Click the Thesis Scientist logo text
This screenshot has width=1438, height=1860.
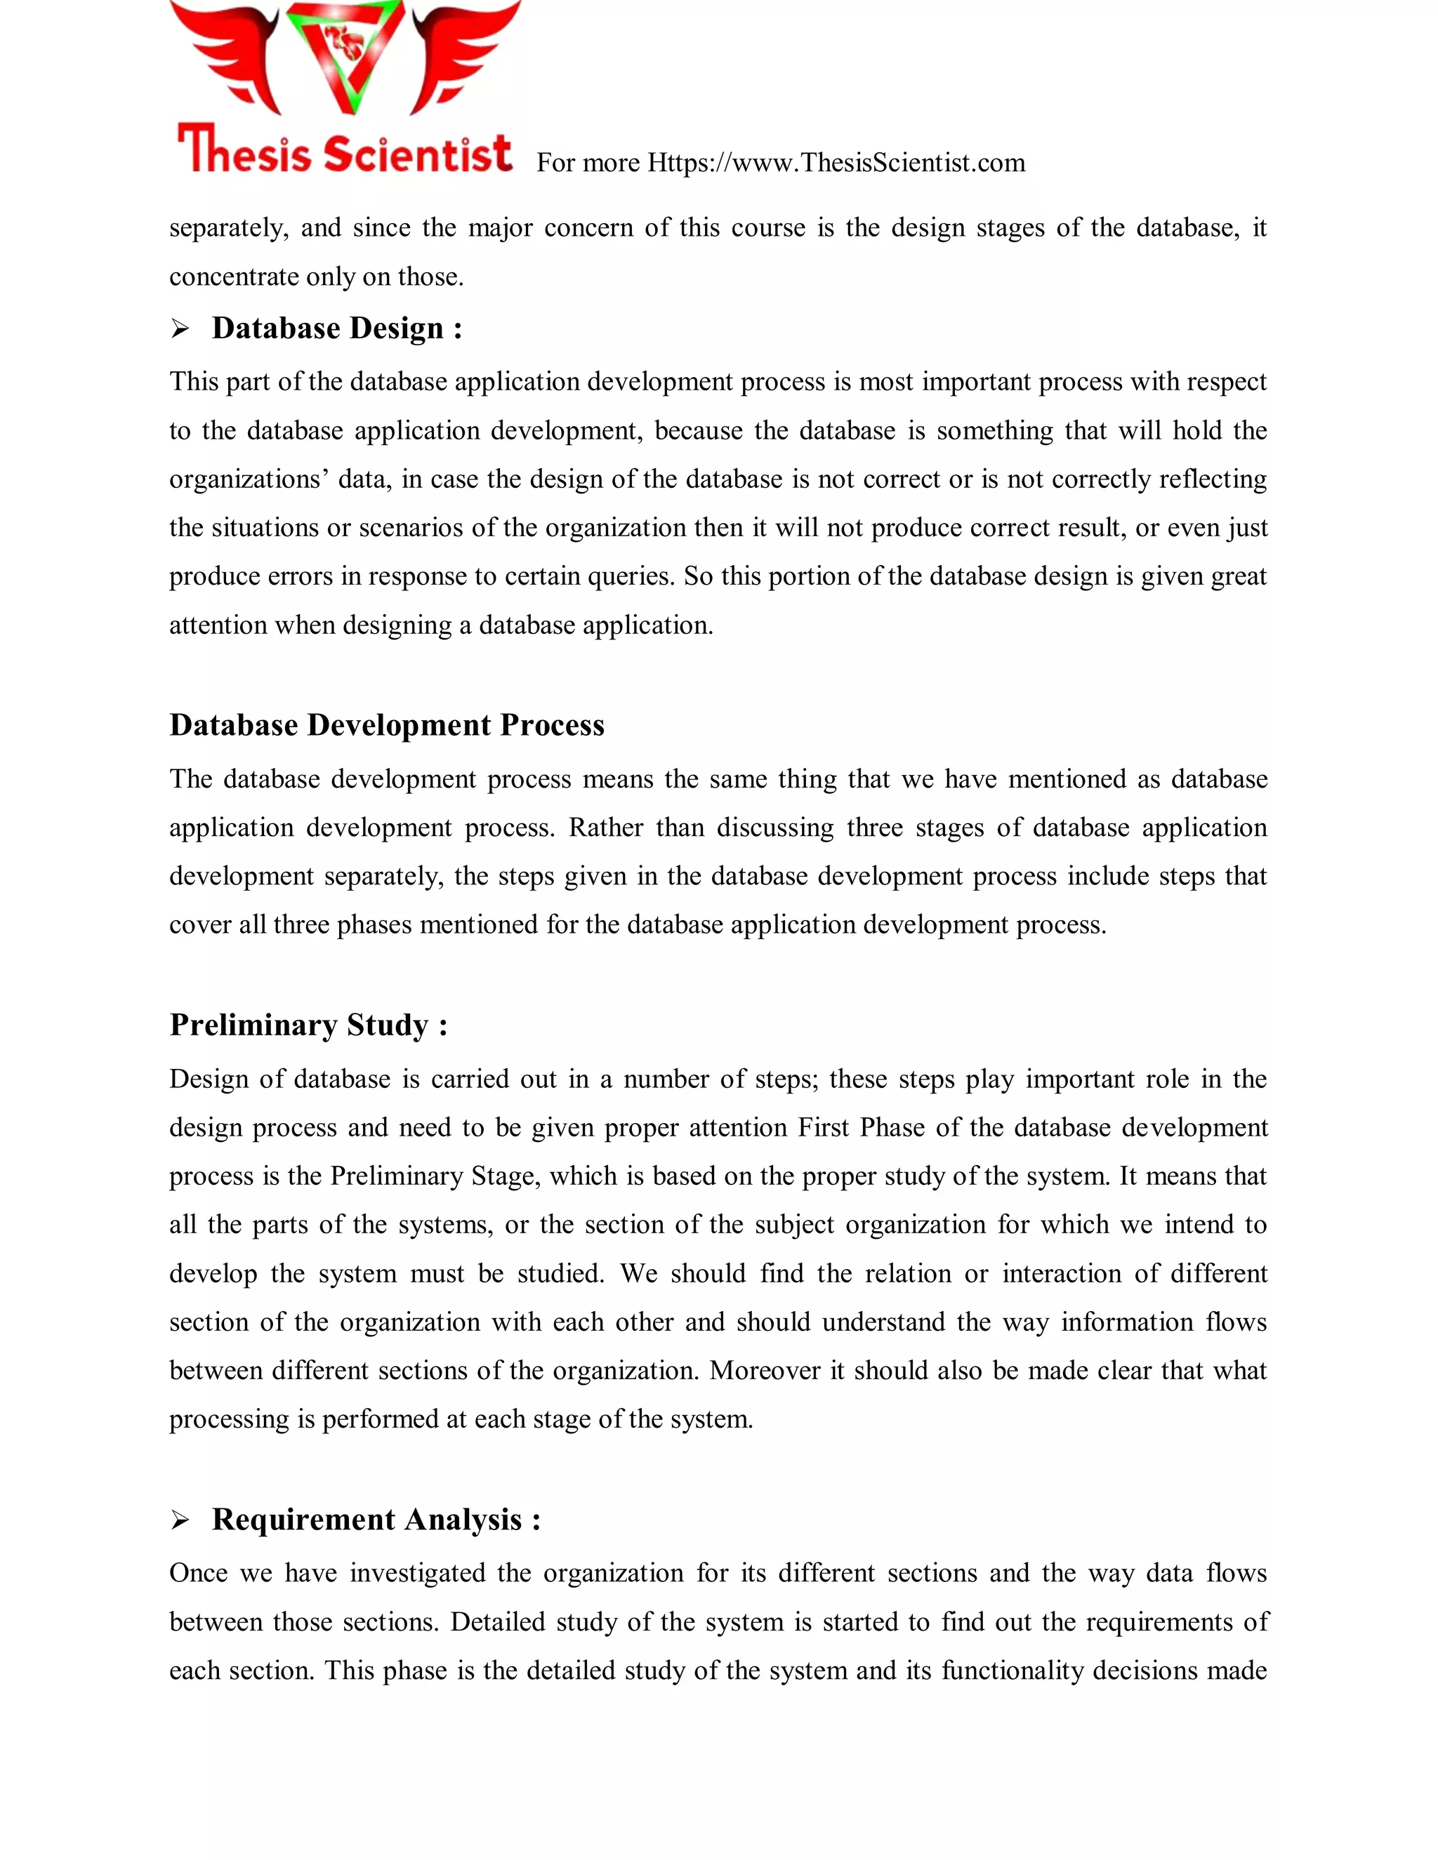344,151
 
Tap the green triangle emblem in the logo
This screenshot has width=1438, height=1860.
344,51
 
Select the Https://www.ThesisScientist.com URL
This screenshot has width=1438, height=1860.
836,163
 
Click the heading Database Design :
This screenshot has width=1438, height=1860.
336,328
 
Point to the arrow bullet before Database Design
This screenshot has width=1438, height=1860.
180,328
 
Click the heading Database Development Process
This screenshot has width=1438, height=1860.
387,725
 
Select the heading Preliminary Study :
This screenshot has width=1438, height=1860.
308,1025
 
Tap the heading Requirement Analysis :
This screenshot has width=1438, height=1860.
376,1520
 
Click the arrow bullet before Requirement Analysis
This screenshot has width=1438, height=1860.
180,1520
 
